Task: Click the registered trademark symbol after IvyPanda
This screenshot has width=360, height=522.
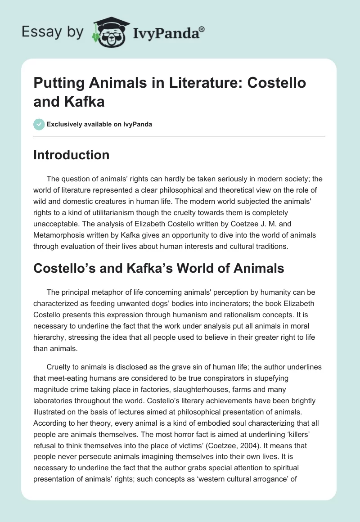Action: pyautogui.click(x=202, y=29)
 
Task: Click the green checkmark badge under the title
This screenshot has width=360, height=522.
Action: pyautogui.click(x=39, y=124)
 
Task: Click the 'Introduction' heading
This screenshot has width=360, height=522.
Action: pyautogui.click(x=71, y=155)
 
